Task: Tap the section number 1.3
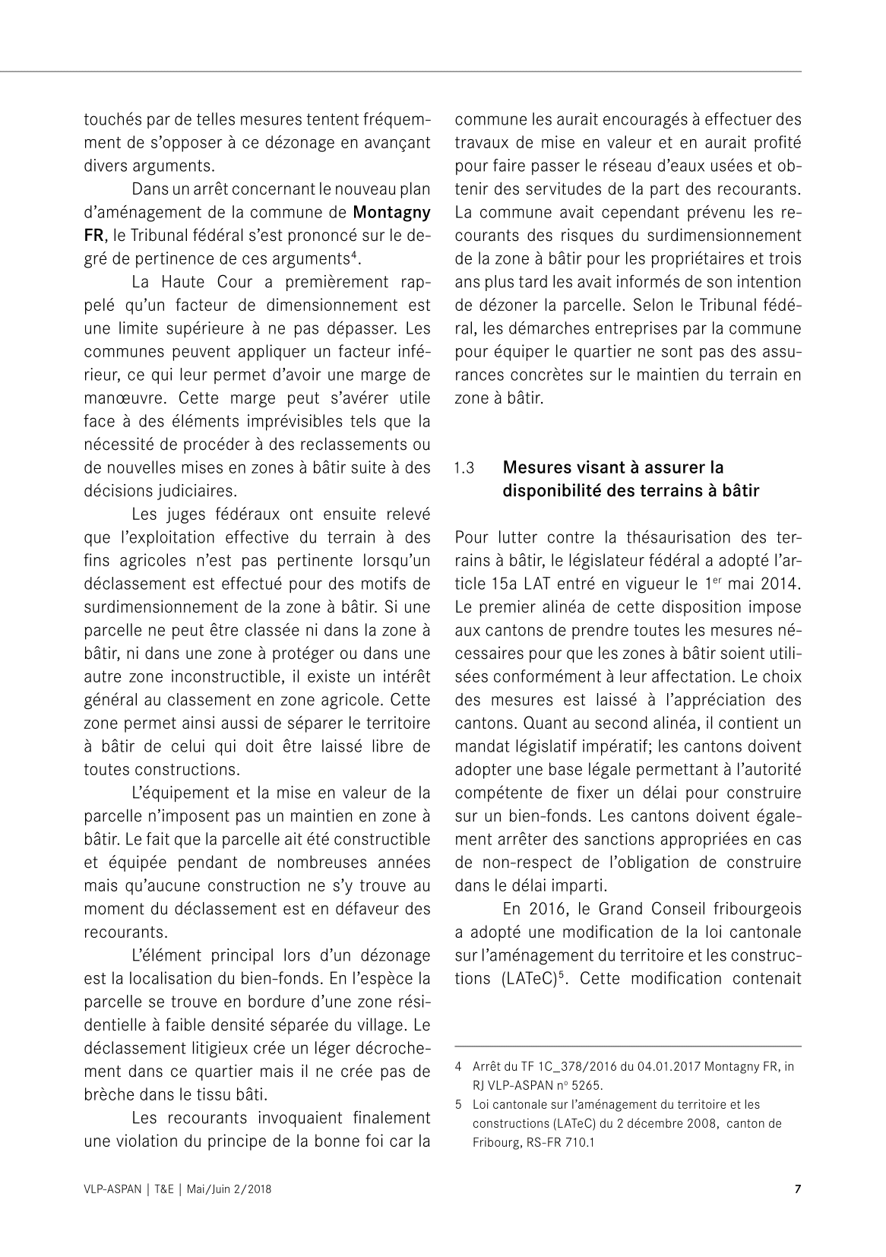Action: pyautogui.click(x=464, y=467)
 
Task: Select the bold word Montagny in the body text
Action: pyautogui.click(x=392, y=211)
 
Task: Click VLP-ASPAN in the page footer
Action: pyautogui.click(x=112, y=1189)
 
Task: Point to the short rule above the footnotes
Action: pyautogui.click(x=628, y=1046)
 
